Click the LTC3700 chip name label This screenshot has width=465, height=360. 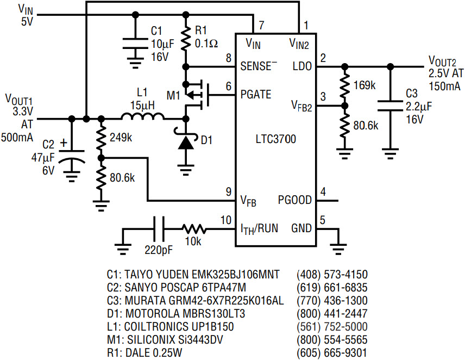click(276, 139)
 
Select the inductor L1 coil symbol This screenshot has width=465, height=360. click(142, 116)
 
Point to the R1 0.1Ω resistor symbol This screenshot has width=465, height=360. click(186, 38)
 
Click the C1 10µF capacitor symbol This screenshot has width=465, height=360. click(135, 43)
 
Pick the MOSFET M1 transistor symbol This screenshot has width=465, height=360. click(196, 95)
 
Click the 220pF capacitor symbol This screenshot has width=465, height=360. click(159, 229)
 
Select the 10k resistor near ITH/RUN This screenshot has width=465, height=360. click(194, 229)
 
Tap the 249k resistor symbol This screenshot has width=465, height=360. click(102, 138)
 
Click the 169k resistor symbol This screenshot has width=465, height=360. click(344, 86)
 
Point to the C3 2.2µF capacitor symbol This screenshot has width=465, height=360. click(391, 106)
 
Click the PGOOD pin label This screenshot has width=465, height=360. click(295, 200)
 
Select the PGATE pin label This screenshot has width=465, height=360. click(256, 95)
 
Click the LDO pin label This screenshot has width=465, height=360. click(302, 66)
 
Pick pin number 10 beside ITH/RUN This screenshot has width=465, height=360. click(226, 220)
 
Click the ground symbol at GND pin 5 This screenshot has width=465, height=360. click(338, 249)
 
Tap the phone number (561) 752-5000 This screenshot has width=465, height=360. click(332, 326)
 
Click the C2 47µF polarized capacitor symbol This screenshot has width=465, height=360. click(72, 157)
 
